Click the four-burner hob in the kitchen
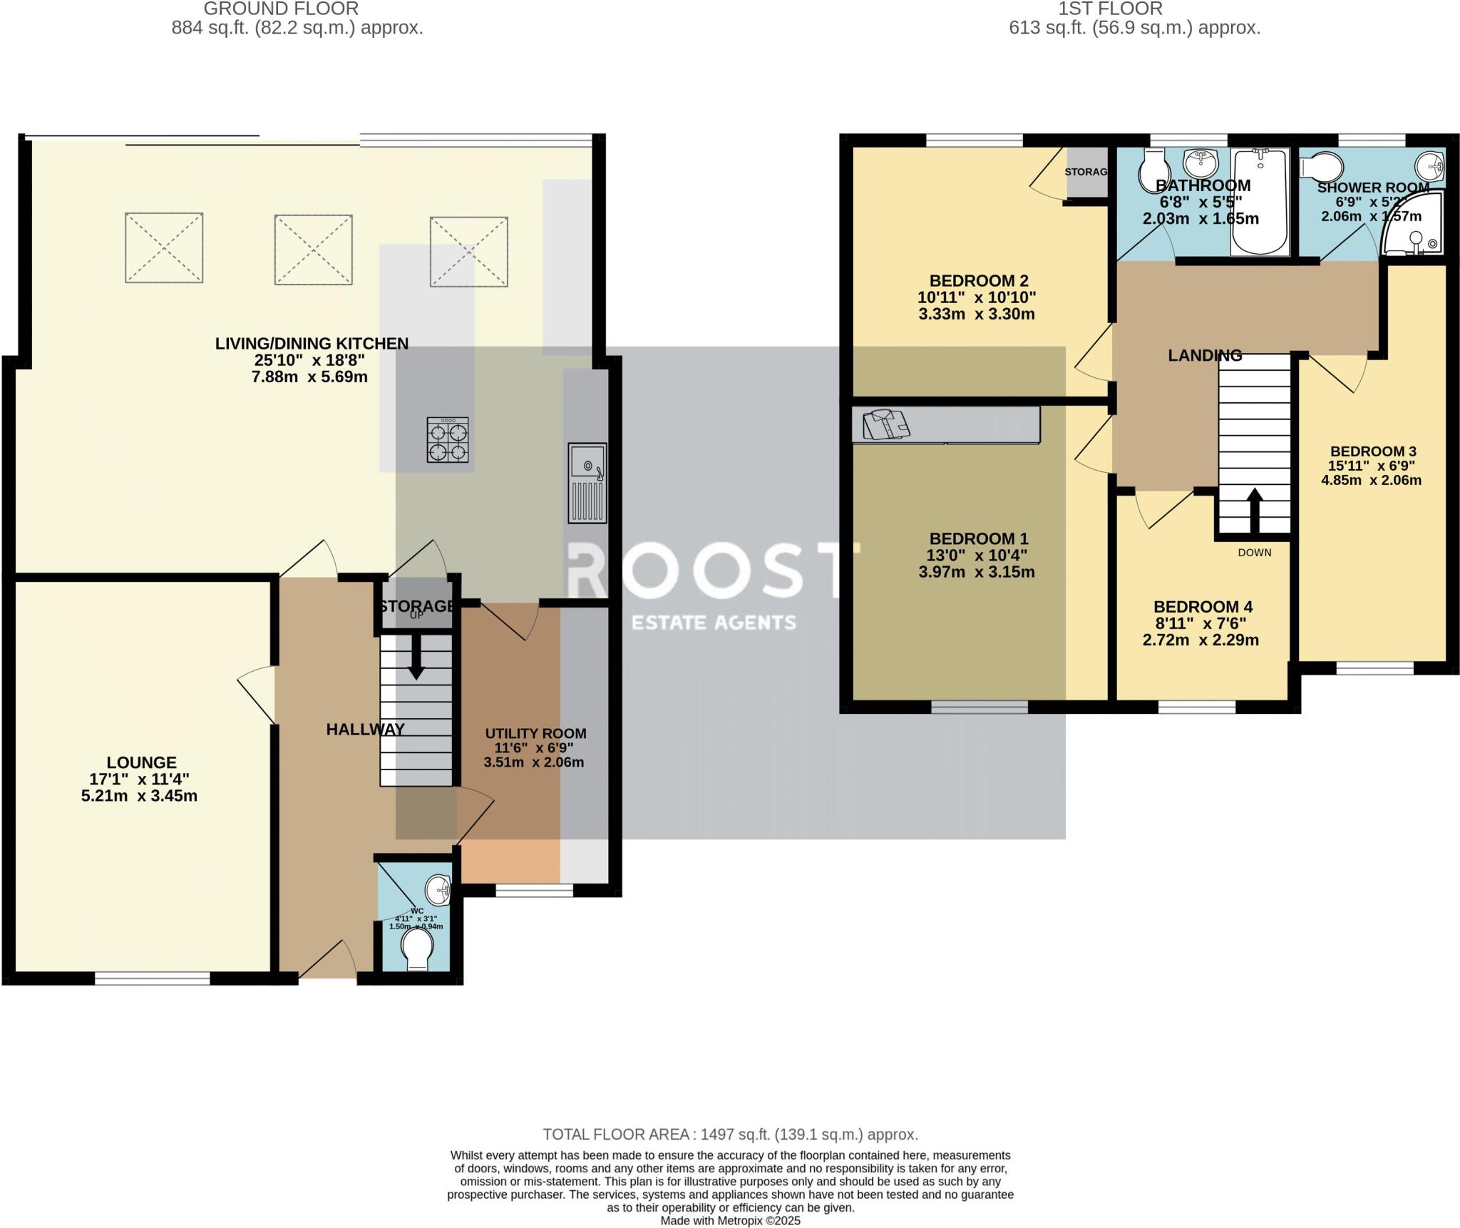click(x=448, y=439)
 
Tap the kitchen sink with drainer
click(x=587, y=482)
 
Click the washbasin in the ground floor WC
click(x=438, y=890)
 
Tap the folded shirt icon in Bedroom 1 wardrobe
click(x=885, y=425)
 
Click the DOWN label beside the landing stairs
click(x=1254, y=553)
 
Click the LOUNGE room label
click(x=141, y=762)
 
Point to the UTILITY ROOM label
click(x=535, y=734)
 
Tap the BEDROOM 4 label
click(x=1203, y=607)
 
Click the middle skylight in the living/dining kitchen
click(x=313, y=249)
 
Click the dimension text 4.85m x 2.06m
click(x=1371, y=480)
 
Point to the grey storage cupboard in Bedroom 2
click(x=1087, y=173)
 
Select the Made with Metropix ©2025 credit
click(x=730, y=1220)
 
